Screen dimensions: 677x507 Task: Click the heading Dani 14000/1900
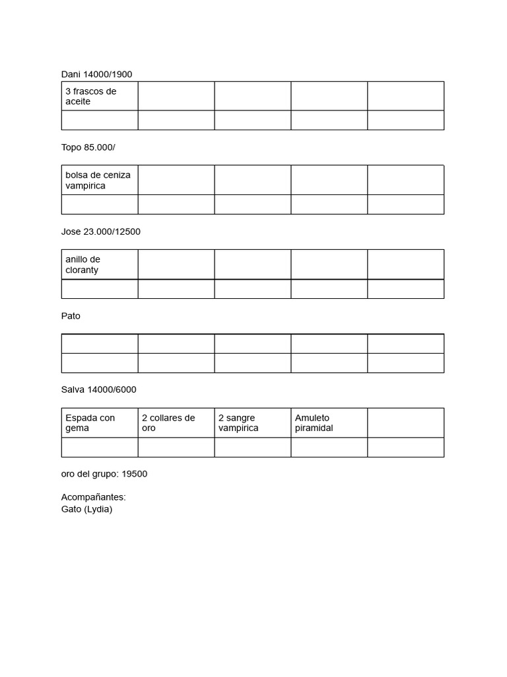click(96, 74)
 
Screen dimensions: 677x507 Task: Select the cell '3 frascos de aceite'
click(99, 97)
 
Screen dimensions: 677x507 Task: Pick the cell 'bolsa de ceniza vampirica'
click(99, 180)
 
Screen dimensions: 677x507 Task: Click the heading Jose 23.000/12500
click(100, 231)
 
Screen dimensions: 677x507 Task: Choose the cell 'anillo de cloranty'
click(99, 264)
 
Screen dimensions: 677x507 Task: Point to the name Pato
click(71, 316)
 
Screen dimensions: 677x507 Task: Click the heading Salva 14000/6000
click(98, 389)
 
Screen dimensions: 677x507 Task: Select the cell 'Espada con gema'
click(99, 422)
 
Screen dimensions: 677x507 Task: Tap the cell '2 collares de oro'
click(176, 422)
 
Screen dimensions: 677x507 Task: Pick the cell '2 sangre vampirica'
click(252, 422)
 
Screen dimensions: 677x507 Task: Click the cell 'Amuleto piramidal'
click(329, 422)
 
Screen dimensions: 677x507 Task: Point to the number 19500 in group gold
click(135, 474)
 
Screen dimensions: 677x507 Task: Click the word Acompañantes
click(93, 497)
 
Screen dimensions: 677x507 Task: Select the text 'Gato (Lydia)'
click(86, 509)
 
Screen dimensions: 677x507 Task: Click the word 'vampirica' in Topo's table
click(85, 186)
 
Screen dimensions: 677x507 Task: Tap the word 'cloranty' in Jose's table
click(82, 270)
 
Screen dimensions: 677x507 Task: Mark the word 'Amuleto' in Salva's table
click(312, 418)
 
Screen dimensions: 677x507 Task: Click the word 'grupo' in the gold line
click(105, 475)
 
